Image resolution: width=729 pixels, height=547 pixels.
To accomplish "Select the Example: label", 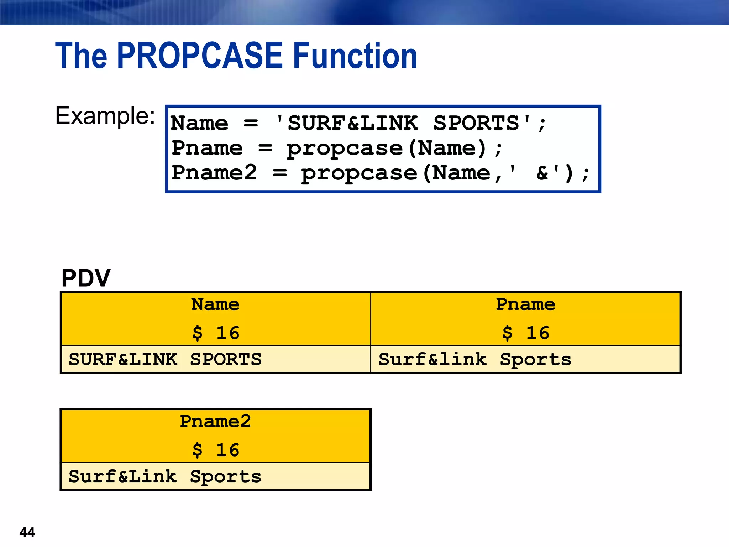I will tap(105, 116).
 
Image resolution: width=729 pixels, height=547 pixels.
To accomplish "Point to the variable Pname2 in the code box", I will tap(214, 173).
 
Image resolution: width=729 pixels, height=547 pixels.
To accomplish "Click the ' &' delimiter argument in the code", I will tap(534, 173).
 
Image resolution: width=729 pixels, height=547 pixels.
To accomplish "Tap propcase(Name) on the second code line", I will tap(386, 148).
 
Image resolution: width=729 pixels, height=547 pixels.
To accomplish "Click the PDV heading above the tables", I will tap(86, 278).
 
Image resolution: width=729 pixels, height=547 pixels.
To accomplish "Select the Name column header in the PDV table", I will tap(215, 304).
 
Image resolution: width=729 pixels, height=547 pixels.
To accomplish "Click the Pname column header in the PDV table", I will tap(525, 304).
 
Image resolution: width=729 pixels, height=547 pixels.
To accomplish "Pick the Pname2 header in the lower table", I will tap(215, 422).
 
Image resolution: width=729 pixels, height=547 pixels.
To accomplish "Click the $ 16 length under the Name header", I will tap(216, 333).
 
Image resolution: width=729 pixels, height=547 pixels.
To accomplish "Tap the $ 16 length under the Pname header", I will tap(525, 333).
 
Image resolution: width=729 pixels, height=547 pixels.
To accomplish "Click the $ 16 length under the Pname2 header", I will tap(216, 450).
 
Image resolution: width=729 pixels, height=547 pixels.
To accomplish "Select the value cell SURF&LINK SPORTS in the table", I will tap(165, 359).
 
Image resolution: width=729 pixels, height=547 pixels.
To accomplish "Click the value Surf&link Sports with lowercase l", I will tap(475, 359).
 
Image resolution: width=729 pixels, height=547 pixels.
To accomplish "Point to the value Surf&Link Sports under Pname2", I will tap(165, 476).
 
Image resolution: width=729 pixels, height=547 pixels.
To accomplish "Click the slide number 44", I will tap(27, 532).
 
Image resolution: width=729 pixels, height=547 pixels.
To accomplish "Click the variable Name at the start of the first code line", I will tap(199, 123).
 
